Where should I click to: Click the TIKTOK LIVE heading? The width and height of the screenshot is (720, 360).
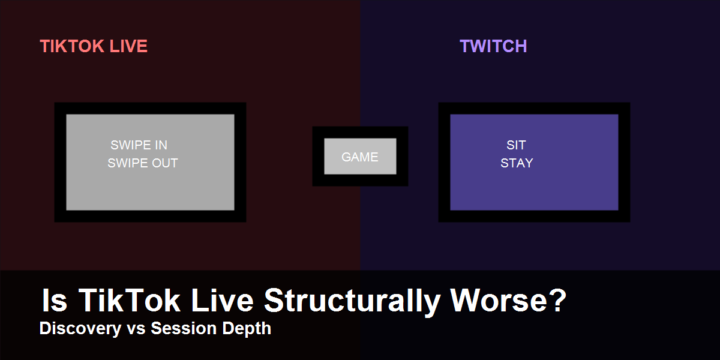point(94,46)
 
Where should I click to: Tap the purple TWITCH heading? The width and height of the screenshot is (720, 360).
point(493,46)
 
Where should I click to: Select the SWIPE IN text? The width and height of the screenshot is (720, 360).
point(139,145)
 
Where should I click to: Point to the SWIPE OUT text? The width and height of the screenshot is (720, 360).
point(143,163)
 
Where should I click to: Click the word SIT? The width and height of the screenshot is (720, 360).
point(516,145)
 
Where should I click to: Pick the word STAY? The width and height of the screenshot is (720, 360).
point(517,163)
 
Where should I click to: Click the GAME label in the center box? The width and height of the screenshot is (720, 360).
point(359,157)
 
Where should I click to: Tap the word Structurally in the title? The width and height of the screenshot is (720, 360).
point(352,301)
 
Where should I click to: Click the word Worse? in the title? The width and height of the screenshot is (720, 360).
point(508,300)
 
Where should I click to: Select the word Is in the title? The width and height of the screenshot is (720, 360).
point(55,300)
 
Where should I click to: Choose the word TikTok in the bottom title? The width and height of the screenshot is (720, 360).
point(129,300)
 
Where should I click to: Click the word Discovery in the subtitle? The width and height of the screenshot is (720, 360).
point(80,329)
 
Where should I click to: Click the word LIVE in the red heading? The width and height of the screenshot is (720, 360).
point(128,46)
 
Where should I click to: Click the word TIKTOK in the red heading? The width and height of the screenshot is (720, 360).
point(72,46)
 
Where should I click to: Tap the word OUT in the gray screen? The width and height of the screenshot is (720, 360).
point(165,163)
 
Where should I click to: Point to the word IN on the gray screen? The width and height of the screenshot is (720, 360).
point(161,145)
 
